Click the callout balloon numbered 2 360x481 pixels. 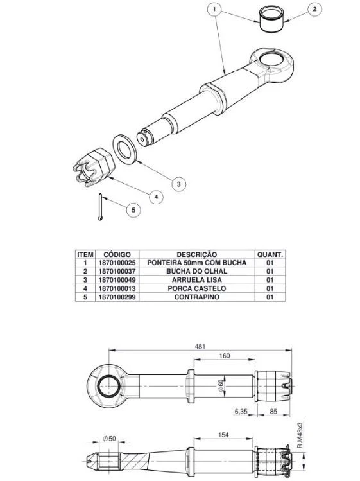(314, 9)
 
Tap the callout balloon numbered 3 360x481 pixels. (179, 184)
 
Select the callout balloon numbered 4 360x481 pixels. (156, 197)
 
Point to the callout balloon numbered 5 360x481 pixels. (133, 210)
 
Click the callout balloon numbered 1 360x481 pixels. (214, 9)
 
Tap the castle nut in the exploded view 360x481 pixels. (94, 167)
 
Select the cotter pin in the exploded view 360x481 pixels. (100, 206)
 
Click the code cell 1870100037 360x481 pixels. (117, 272)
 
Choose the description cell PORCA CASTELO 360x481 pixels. (197, 288)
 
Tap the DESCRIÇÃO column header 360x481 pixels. (197, 254)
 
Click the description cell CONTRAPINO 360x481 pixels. (197, 297)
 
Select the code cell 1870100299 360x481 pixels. (117, 297)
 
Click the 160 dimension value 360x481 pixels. (225, 356)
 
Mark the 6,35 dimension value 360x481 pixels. (241, 412)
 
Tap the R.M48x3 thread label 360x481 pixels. (300, 435)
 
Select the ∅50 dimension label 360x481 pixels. (110, 439)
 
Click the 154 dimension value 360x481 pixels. (223, 435)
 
